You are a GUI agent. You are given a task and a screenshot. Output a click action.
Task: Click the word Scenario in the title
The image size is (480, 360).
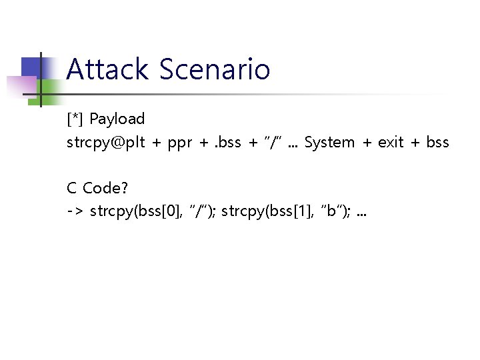(215, 69)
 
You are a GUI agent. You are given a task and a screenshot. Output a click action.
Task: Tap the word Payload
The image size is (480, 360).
(117, 119)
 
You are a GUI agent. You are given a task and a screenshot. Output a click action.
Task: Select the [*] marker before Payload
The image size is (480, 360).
(75, 119)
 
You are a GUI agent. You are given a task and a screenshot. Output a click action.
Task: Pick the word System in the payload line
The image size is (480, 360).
(329, 143)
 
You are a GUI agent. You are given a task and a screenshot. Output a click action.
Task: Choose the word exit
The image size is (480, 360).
(391, 143)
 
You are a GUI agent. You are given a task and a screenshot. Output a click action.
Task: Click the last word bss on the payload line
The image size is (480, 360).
(437, 143)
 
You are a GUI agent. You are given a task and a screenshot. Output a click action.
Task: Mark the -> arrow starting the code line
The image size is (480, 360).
(75, 213)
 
